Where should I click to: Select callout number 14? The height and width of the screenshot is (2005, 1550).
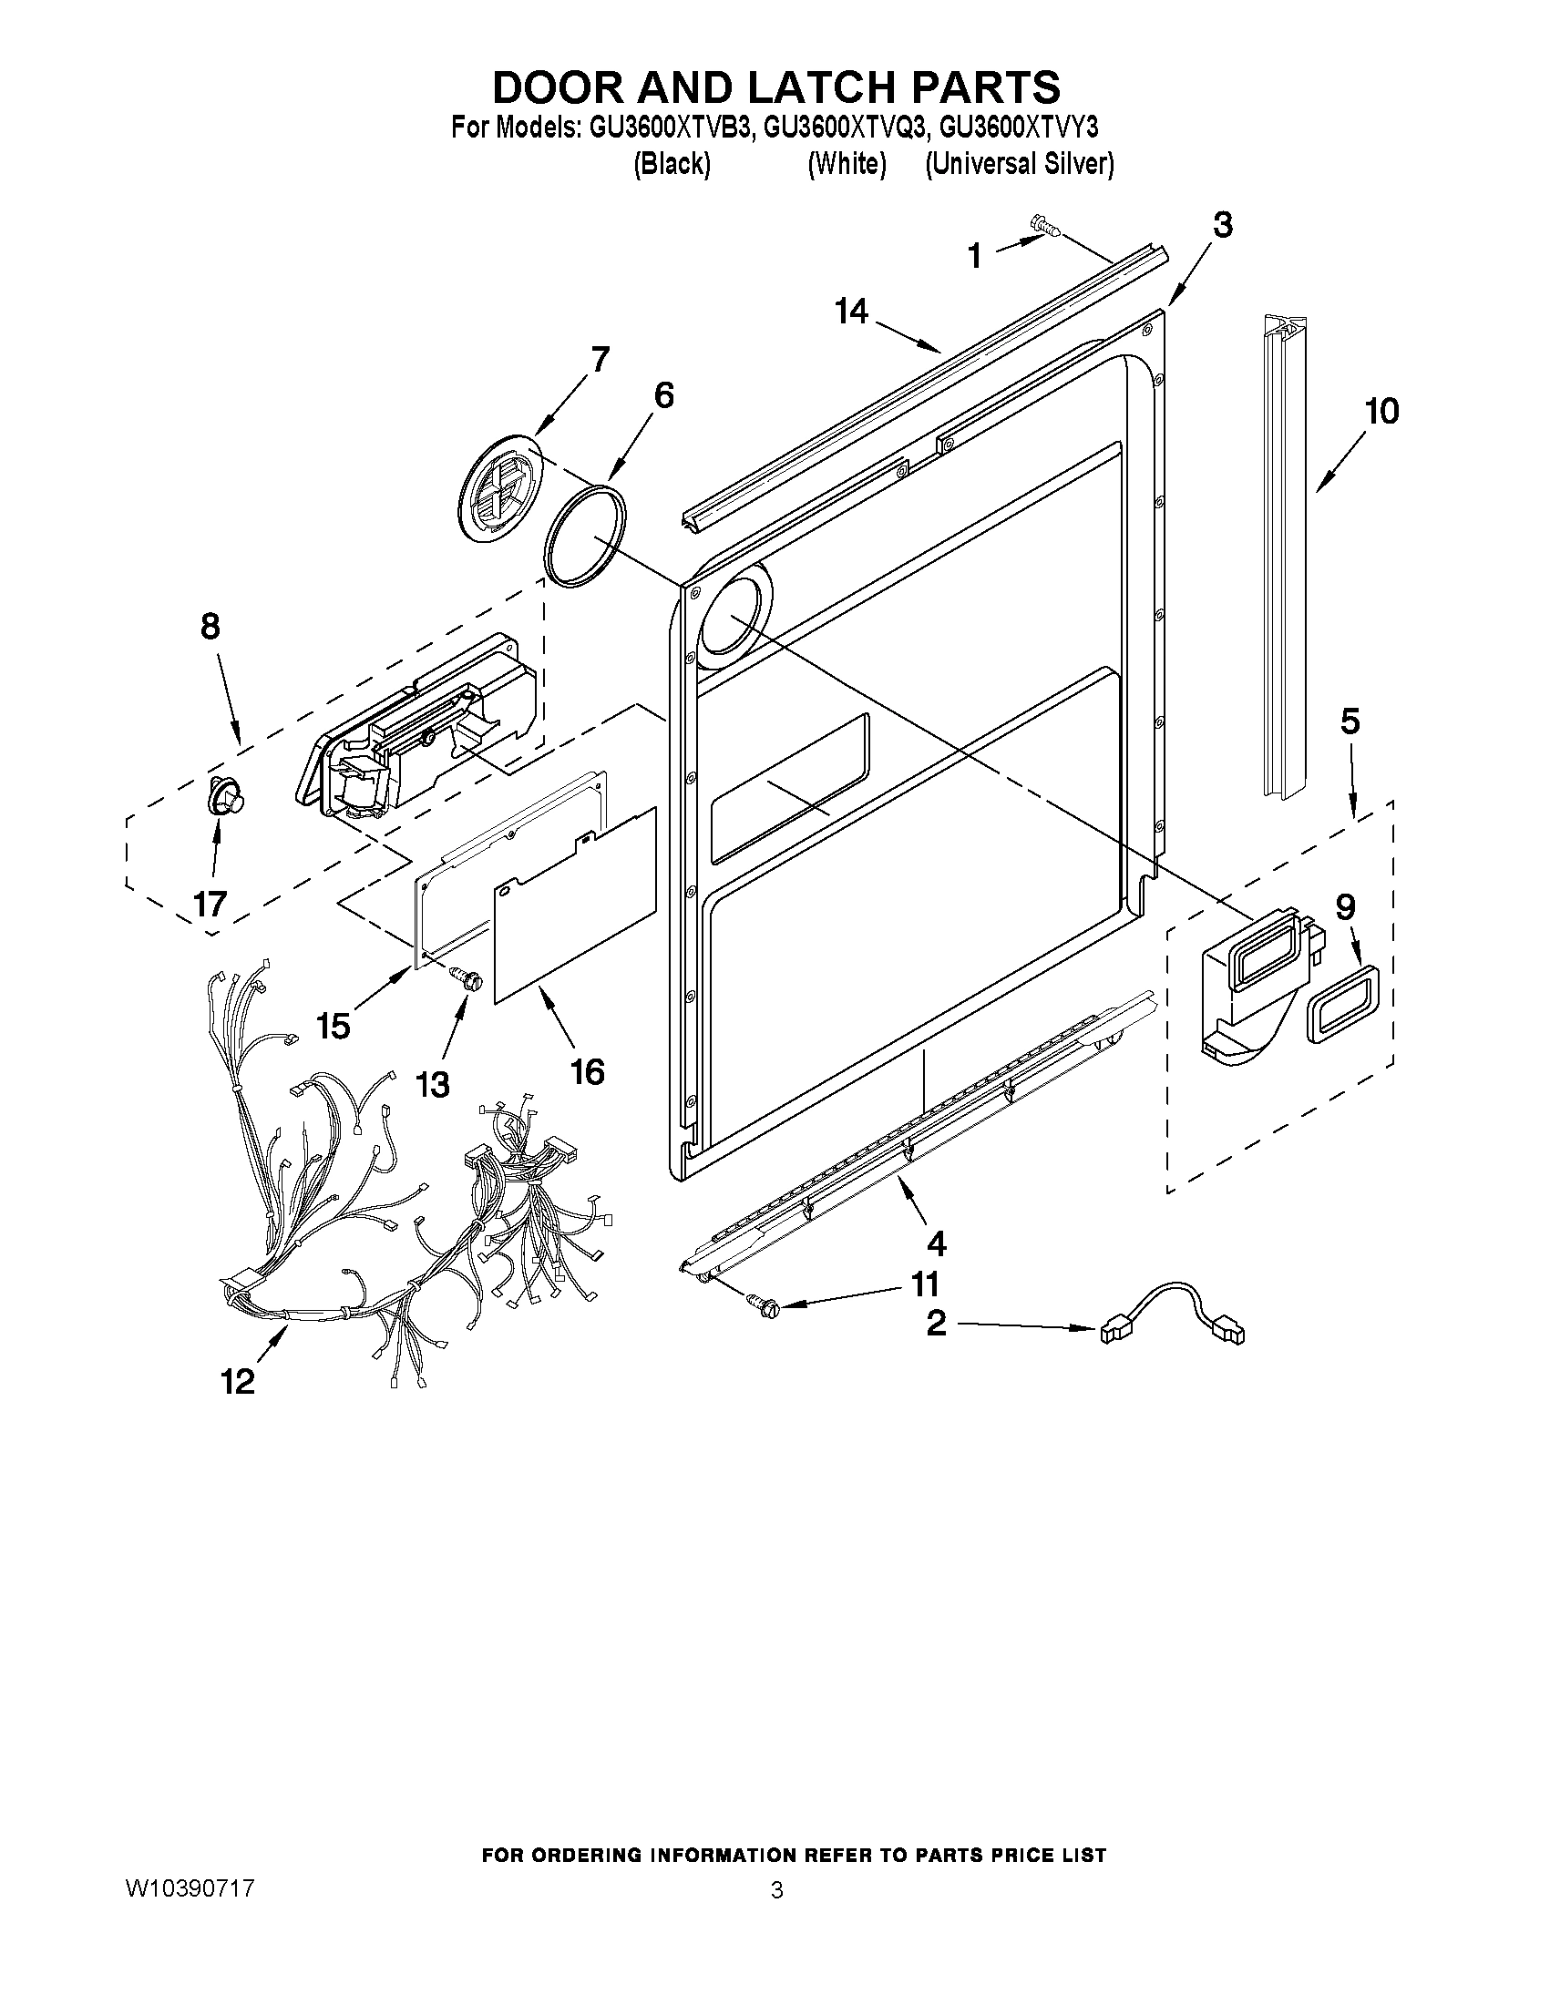click(852, 312)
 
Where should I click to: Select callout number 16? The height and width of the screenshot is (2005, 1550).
click(588, 1071)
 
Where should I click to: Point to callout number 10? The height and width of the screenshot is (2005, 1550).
click(1381, 410)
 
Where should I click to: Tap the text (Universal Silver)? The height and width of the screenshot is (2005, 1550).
click(1020, 164)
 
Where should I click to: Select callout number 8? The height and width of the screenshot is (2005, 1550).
click(210, 627)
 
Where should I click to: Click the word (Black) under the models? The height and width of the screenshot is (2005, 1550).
click(672, 164)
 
